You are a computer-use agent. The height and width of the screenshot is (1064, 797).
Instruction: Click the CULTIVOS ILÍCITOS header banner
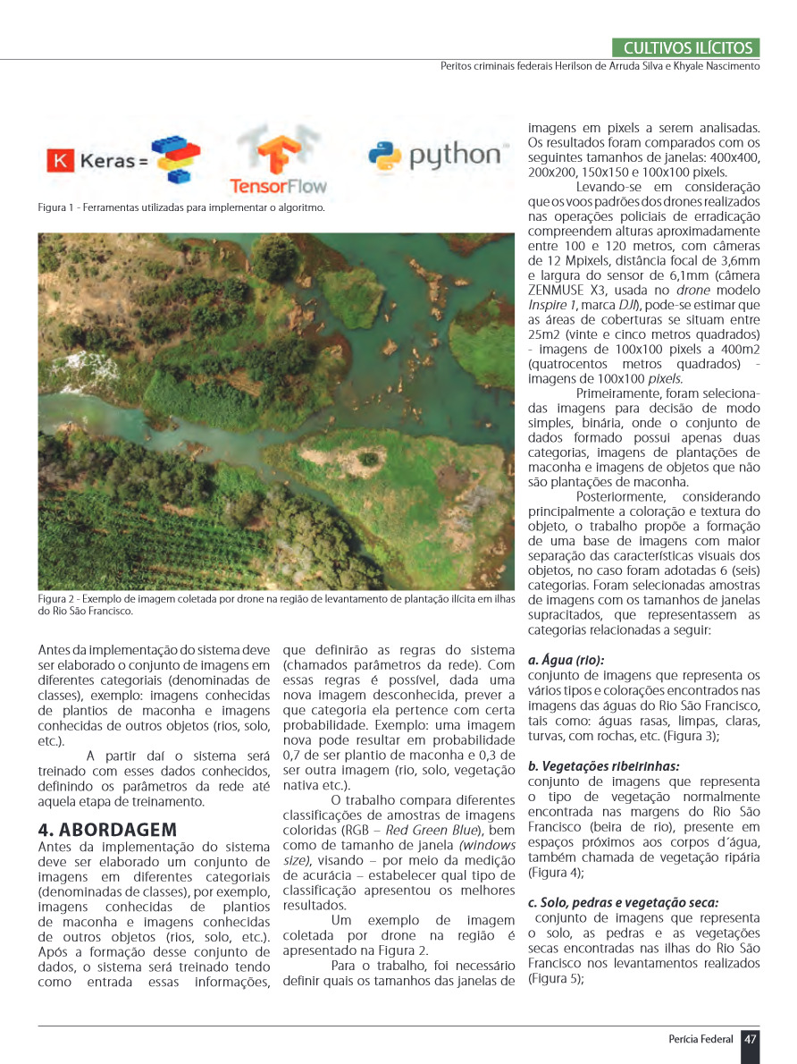click(687, 48)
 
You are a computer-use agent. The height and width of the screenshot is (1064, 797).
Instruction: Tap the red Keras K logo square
click(59, 161)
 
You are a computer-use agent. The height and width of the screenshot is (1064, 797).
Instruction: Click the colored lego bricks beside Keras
click(175, 158)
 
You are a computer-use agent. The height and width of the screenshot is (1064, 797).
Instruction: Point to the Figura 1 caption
click(180, 207)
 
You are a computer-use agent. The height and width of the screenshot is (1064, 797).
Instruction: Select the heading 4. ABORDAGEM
click(107, 829)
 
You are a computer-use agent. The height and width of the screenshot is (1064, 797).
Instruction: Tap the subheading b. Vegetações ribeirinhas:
click(603, 766)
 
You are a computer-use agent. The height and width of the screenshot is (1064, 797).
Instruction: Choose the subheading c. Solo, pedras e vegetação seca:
click(623, 903)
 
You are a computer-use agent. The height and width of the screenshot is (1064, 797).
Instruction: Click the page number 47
click(751, 1039)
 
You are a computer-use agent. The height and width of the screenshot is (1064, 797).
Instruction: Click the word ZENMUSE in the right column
click(560, 291)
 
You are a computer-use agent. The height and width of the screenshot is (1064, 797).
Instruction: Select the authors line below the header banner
click(600, 66)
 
